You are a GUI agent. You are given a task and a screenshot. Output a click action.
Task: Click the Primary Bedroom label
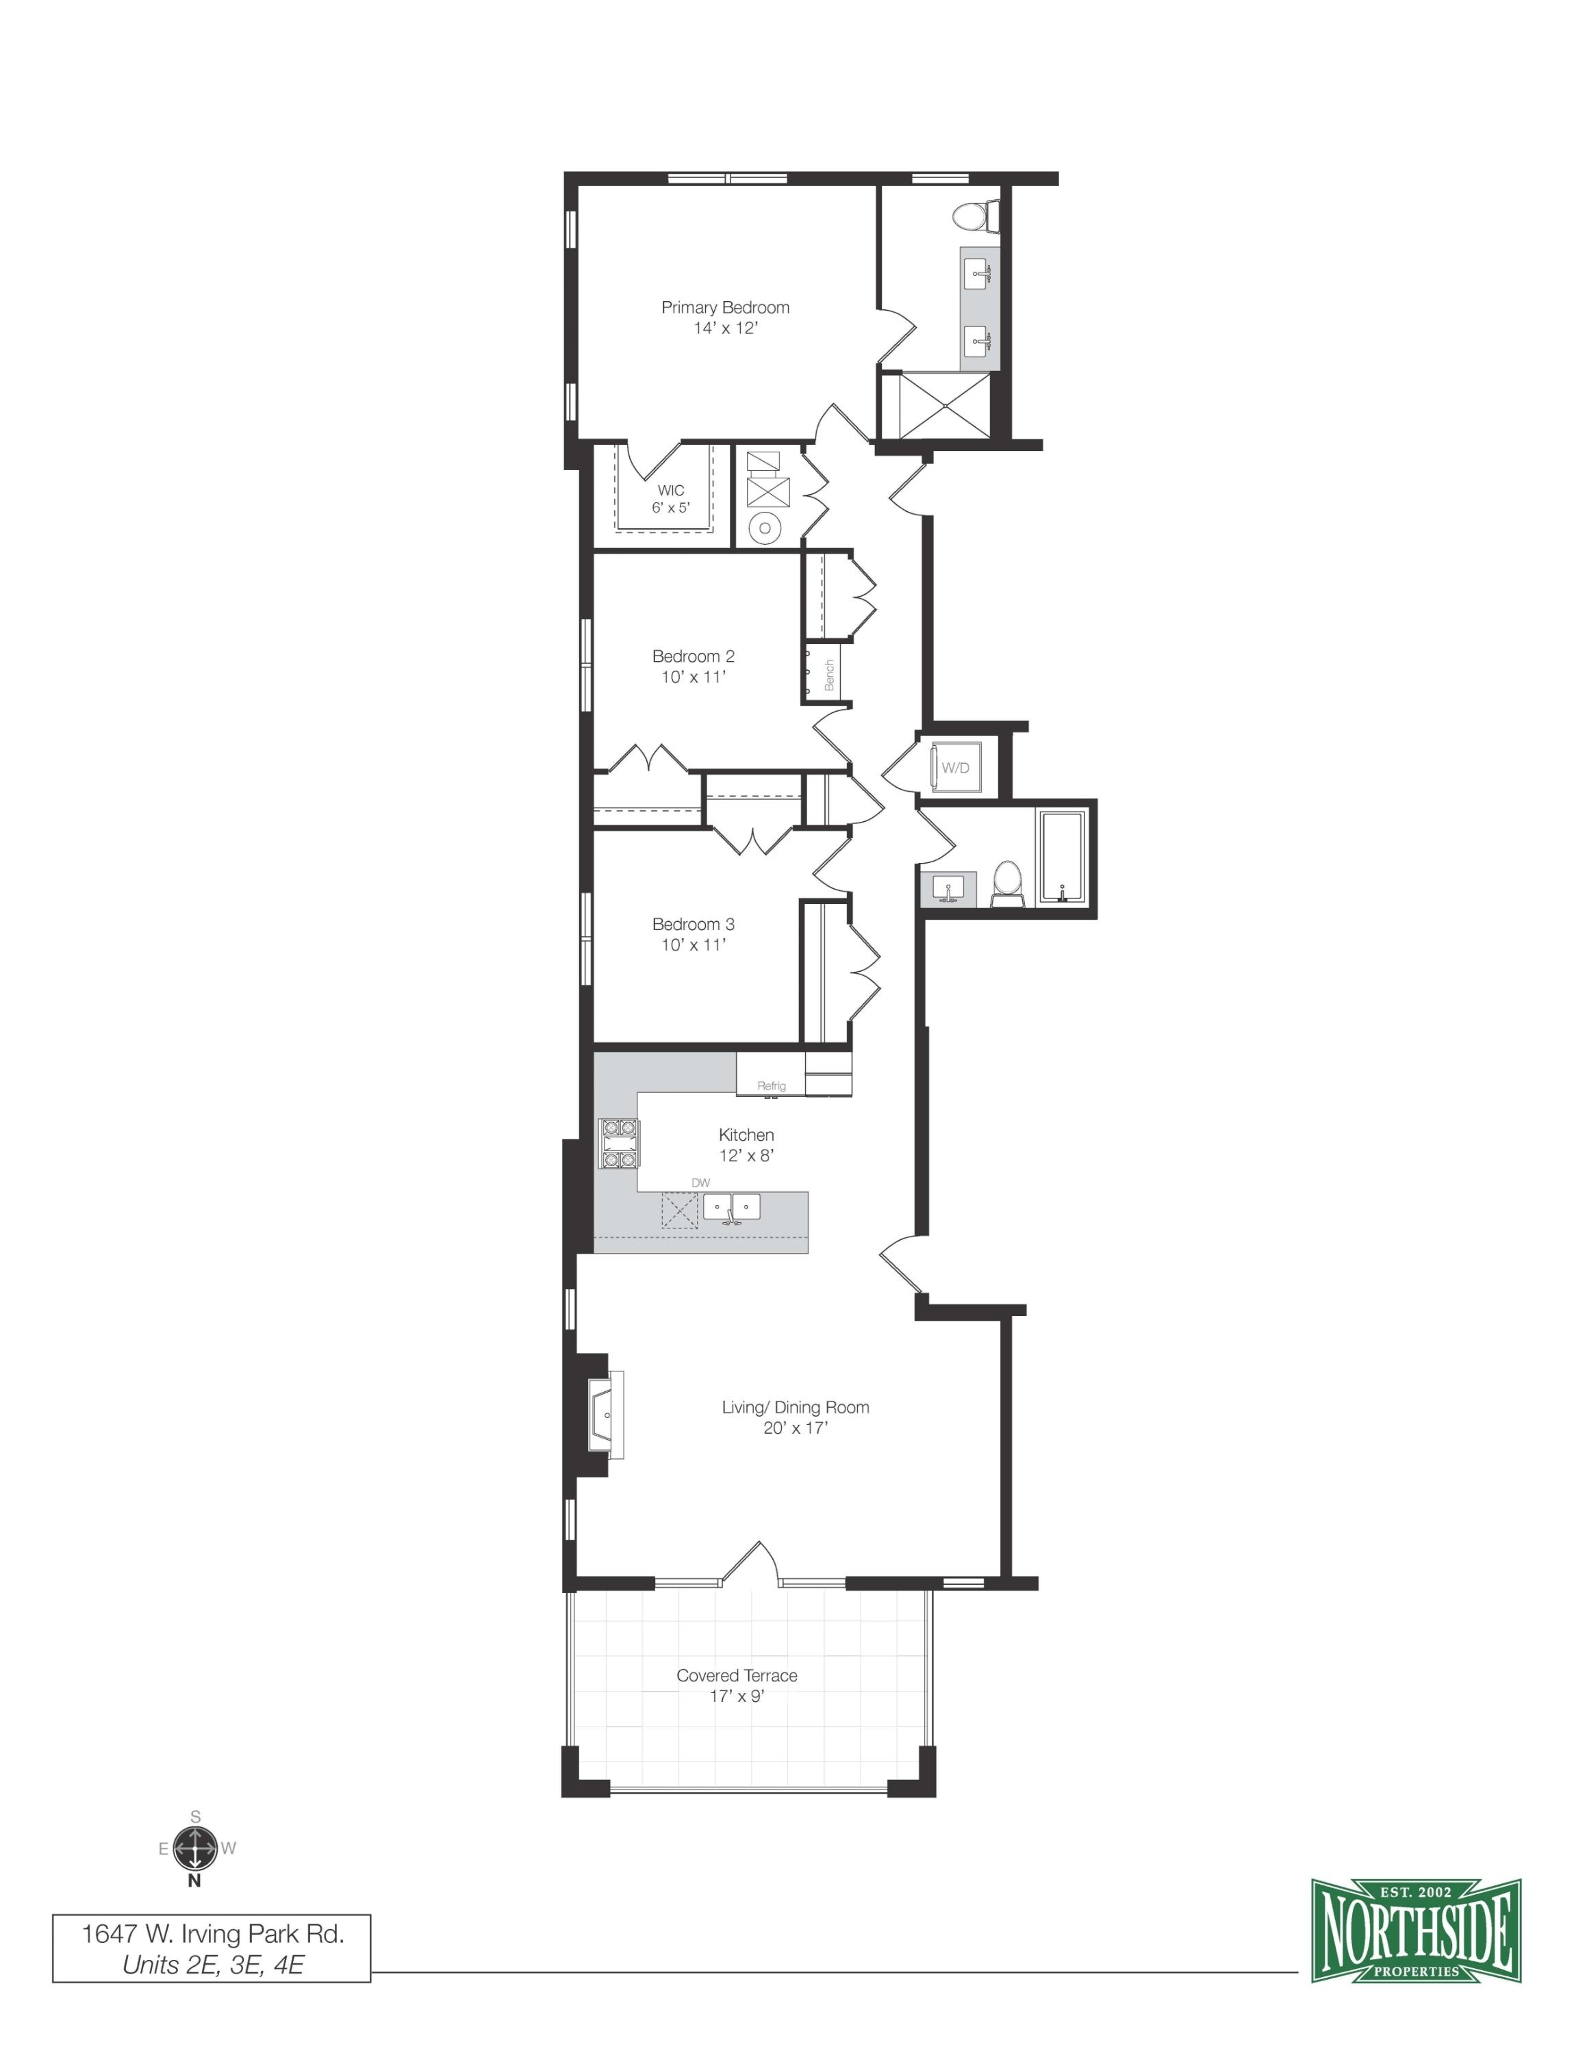725,307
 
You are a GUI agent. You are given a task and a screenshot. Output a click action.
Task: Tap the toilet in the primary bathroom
974,216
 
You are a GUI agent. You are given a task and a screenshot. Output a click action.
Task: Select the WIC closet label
670,490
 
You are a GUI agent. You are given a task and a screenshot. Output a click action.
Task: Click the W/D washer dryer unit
955,768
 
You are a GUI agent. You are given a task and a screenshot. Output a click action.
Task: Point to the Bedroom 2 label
694,656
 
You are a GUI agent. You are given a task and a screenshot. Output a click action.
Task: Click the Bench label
829,675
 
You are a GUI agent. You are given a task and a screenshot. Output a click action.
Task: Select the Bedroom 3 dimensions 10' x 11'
694,944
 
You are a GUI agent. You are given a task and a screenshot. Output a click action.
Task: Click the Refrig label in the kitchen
771,1086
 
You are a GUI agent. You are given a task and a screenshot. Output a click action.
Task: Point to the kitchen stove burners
619,1144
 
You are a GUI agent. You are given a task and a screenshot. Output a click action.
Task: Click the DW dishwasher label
700,1183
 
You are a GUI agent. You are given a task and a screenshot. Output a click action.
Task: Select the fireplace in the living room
604,1415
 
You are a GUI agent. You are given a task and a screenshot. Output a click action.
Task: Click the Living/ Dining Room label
796,1407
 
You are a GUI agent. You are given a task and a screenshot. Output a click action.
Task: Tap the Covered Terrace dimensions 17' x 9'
737,1696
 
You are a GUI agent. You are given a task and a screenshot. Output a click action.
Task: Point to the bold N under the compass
194,1880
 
